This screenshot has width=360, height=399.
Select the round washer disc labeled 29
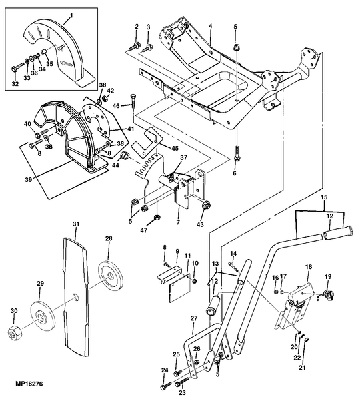tap(43, 316)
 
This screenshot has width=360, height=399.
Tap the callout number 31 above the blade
tap(75, 224)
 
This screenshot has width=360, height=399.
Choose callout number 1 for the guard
tap(71, 15)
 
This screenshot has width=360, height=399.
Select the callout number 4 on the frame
tap(211, 26)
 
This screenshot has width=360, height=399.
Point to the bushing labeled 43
tap(206, 205)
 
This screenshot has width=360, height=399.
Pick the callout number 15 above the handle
tap(324, 197)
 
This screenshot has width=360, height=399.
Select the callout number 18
tap(308, 267)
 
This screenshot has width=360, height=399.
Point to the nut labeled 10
tap(195, 281)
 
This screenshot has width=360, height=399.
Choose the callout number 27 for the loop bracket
tap(194, 318)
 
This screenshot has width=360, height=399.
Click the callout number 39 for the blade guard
tap(29, 180)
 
